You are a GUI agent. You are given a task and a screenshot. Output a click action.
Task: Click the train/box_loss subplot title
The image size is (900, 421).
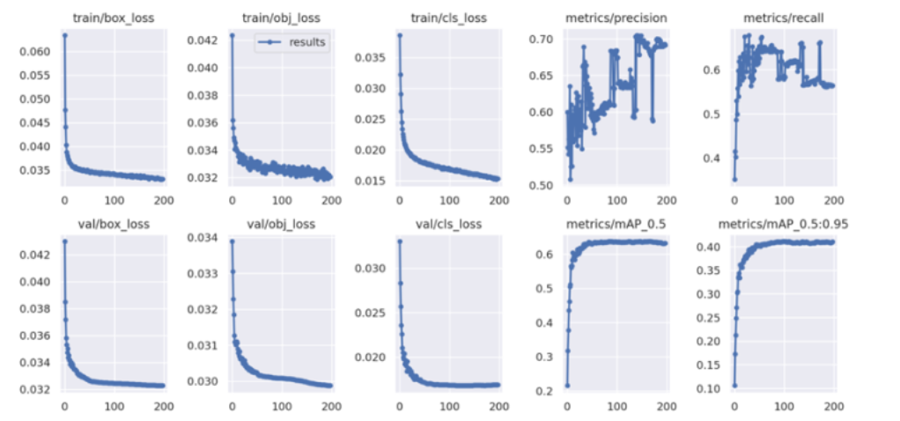click(x=112, y=18)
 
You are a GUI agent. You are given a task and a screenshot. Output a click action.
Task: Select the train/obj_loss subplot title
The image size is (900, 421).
click(x=279, y=18)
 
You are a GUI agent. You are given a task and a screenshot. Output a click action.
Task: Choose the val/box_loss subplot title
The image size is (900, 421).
click(x=112, y=224)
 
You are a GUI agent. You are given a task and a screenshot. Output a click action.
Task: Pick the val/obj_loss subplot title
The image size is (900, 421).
click(x=279, y=224)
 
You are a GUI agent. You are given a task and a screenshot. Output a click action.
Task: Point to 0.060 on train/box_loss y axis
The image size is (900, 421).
click(x=35, y=52)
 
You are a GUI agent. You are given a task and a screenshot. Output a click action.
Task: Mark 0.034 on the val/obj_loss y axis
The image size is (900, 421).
click(x=203, y=239)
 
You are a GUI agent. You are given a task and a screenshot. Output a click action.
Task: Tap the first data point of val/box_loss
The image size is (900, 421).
click(x=64, y=240)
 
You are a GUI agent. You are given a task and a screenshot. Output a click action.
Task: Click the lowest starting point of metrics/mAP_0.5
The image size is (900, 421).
click(x=567, y=385)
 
